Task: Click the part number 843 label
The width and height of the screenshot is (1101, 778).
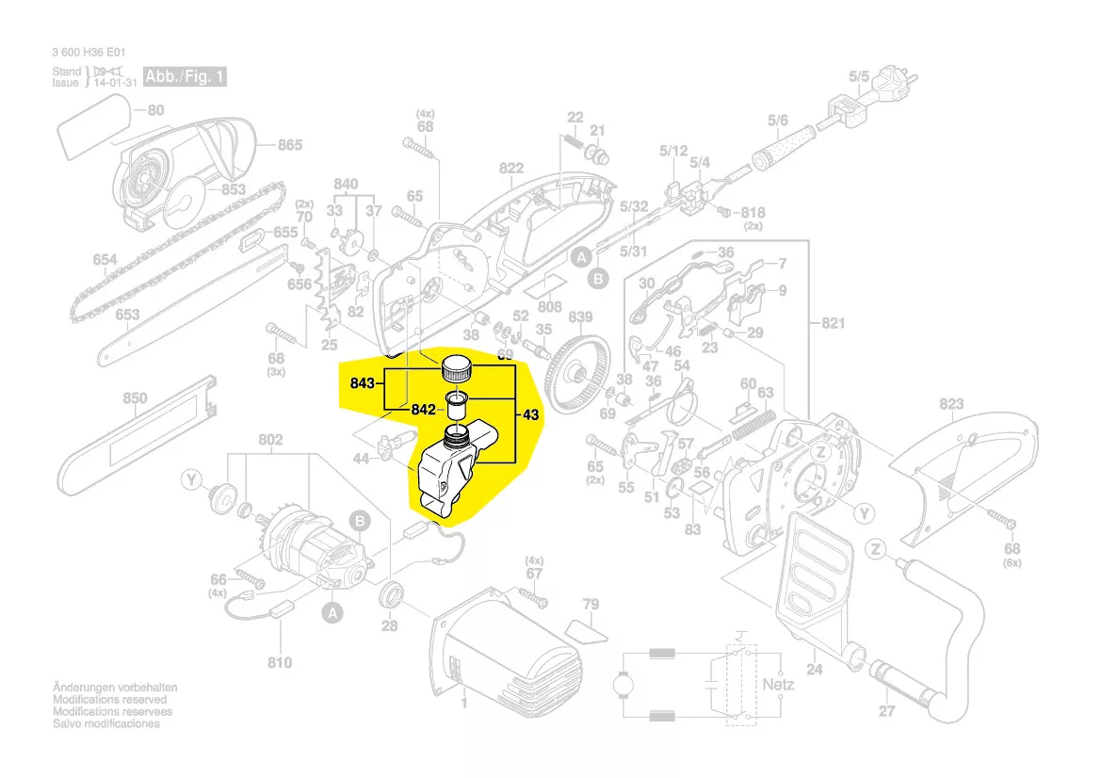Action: click(363, 382)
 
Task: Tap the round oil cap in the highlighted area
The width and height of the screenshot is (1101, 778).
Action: click(458, 366)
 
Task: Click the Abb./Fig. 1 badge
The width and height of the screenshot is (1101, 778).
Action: click(185, 76)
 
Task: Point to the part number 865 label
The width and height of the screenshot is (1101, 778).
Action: click(289, 145)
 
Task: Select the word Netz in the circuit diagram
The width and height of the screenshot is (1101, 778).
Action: click(778, 684)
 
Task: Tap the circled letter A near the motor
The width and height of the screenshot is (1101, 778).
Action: click(331, 613)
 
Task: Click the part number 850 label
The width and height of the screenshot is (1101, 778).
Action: click(135, 398)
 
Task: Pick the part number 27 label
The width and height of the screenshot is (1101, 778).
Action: click(886, 711)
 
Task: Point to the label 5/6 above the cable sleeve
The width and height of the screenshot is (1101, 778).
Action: click(778, 120)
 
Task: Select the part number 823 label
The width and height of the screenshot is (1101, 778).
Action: click(950, 405)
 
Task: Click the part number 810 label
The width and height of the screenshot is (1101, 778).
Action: click(280, 662)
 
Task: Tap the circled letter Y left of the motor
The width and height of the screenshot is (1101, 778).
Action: click(193, 481)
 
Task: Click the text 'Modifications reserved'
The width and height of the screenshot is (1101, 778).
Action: click(109, 700)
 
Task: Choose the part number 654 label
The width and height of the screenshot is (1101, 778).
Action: click(105, 260)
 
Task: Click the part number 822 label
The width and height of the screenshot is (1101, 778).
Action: click(511, 169)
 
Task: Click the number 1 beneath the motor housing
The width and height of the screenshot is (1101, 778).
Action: click(463, 703)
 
